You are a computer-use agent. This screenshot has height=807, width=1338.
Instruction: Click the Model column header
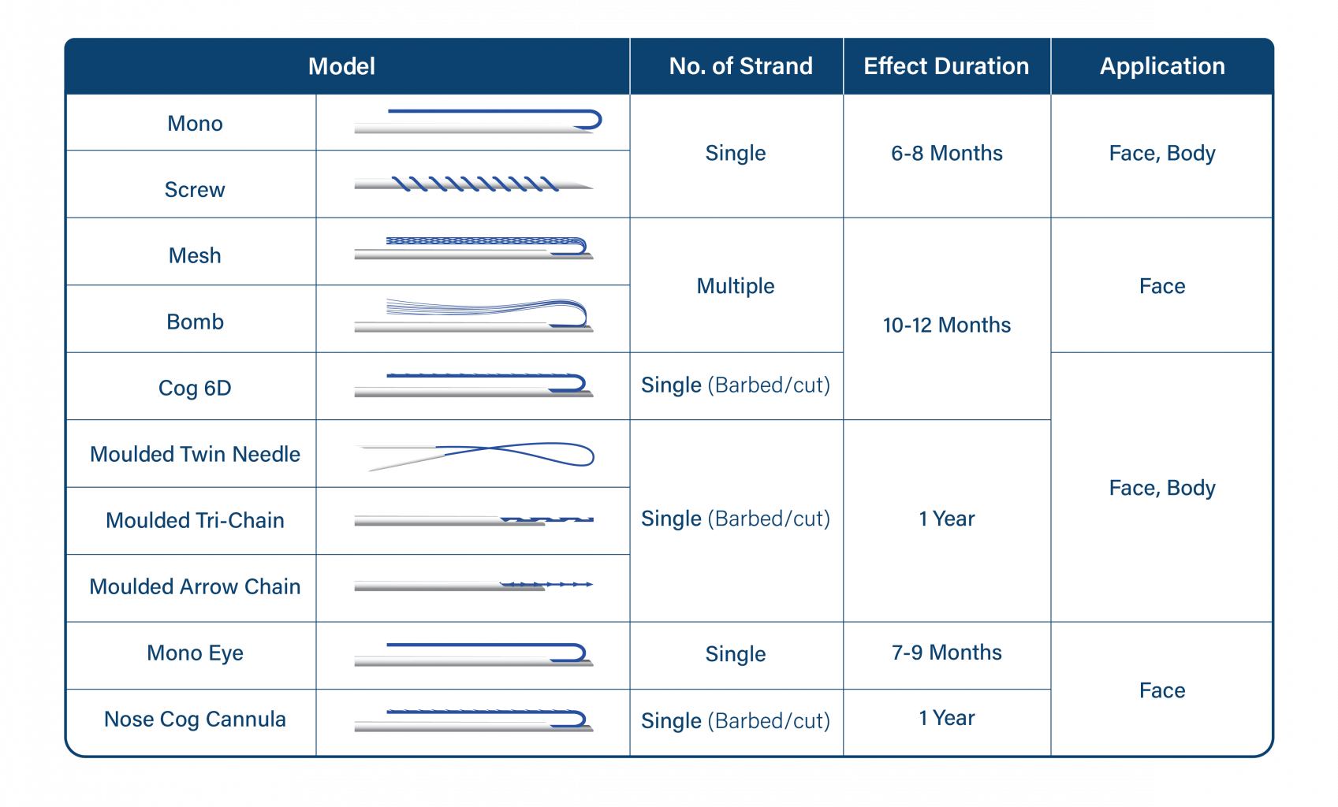[x=341, y=66]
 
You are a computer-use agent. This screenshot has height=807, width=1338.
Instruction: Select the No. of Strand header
[x=740, y=66]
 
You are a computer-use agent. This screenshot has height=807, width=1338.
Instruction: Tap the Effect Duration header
[x=946, y=66]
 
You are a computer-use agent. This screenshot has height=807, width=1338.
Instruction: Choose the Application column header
[x=1162, y=66]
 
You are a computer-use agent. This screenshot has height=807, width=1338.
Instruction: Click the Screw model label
[x=195, y=190]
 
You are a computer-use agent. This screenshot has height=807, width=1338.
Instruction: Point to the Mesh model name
[x=195, y=255]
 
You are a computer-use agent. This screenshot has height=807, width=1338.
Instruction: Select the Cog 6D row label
[x=195, y=388]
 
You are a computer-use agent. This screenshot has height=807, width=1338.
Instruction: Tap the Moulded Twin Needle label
[x=195, y=454]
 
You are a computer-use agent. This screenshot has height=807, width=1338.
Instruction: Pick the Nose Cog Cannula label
[x=195, y=720]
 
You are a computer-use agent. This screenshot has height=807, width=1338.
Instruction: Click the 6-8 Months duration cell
[x=947, y=154]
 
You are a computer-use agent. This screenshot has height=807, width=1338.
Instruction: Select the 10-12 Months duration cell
[x=947, y=325]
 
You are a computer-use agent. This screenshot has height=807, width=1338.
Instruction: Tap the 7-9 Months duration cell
[x=947, y=653]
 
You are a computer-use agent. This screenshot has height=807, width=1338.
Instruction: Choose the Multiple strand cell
[x=736, y=286]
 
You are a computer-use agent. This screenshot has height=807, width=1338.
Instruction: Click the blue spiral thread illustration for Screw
[x=475, y=184]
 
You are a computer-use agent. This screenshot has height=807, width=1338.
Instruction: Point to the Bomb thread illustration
[x=486, y=308]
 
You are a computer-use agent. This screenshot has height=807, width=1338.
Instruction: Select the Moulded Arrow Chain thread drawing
[x=546, y=584]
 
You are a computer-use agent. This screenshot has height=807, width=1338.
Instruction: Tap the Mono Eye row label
[x=195, y=653]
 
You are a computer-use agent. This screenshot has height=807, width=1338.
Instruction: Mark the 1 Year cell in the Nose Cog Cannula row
[x=947, y=718]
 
